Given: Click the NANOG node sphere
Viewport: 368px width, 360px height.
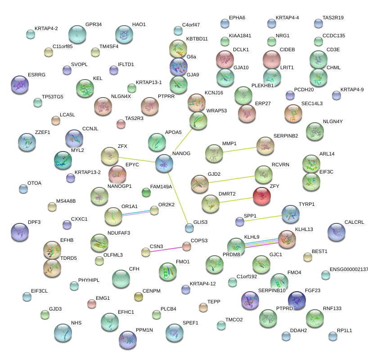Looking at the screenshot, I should click(x=164, y=164).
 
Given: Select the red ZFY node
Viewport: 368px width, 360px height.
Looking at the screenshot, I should click(x=261, y=196).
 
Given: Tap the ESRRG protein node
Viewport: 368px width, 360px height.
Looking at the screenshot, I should click(x=19, y=84).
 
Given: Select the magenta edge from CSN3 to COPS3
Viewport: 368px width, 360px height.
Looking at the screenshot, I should click(x=166, y=249).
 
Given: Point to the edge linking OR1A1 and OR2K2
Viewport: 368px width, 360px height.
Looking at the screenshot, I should click(x=134, y=213).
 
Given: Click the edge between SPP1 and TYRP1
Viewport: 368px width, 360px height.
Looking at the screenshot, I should click(x=265, y=218).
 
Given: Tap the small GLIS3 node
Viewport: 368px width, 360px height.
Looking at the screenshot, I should click(x=189, y=228).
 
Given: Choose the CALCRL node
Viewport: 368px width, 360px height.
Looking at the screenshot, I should click(x=337, y=232).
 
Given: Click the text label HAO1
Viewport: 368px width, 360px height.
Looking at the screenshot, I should click(x=139, y=25).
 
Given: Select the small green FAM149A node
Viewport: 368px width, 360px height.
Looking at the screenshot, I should click(x=146, y=193).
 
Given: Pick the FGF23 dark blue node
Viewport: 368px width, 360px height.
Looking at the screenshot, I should click(x=296, y=300).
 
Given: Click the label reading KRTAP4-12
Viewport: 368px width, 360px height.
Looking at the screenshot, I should click(x=202, y=284).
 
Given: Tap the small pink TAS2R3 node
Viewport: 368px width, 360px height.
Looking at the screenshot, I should click(x=121, y=124).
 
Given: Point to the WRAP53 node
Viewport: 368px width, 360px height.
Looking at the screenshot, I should click(x=198, y=120).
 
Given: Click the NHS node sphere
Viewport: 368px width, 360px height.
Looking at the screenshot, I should click(x=63, y=333).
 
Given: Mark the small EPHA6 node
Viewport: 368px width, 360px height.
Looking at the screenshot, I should click(x=224, y=23).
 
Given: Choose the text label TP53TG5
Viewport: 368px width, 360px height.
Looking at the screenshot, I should click(x=53, y=97).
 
